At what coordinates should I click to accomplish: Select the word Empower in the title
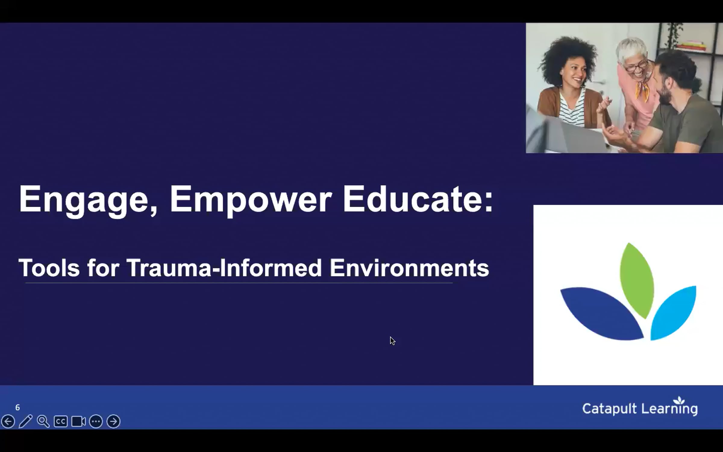[x=251, y=200]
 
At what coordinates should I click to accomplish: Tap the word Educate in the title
[x=417, y=199]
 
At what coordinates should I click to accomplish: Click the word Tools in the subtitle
[x=49, y=268]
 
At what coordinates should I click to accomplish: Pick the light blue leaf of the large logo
[x=674, y=313]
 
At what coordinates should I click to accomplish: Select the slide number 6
[x=17, y=408]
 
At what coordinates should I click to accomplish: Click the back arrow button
[x=8, y=421]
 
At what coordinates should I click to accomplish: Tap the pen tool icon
[x=26, y=421]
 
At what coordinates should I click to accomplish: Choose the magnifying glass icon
[x=43, y=421]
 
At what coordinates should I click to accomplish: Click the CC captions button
[x=61, y=421]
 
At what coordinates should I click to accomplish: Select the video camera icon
[x=78, y=421]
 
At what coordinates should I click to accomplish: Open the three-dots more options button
[x=96, y=421]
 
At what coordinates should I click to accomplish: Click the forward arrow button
[x=114, y=421]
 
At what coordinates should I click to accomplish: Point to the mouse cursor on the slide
[x=392, y=341]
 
